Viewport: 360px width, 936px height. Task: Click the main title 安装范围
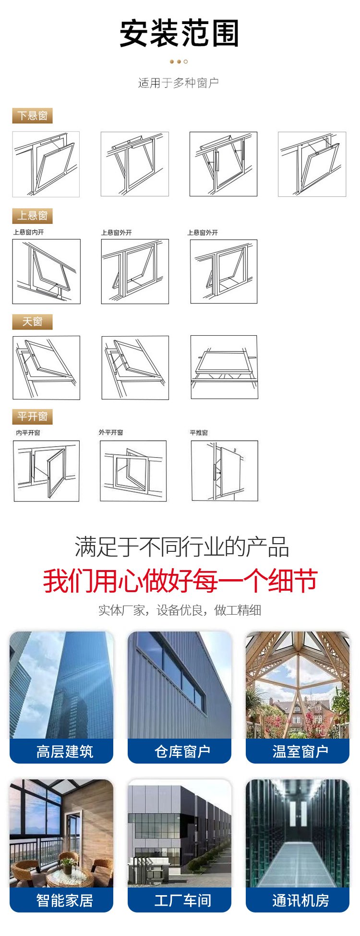click(179, 33)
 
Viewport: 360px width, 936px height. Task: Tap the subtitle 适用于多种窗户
click(179, 83)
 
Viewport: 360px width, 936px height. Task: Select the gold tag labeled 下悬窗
click(32, 116)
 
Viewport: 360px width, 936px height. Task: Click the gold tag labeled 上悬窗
click(32, 216)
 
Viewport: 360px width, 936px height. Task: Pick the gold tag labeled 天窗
click(32, 322)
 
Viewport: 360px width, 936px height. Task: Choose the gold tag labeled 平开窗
click(32, 416)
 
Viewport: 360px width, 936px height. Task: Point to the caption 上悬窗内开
click(28, 232)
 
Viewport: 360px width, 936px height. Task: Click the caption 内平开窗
click(28, 433)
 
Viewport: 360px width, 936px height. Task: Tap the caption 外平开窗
click(111, 432)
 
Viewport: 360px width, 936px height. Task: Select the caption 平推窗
click(199, 433)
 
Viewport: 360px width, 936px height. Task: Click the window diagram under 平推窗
click(225, 471)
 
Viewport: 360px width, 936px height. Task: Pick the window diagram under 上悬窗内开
click(46, 271)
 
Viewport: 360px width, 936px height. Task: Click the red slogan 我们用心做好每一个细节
click(180, 580)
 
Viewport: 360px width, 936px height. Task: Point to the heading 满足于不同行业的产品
click(181, 547)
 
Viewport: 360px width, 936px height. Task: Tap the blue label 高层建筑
click(64, 751)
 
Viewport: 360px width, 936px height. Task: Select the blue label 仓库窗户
click(182, 751)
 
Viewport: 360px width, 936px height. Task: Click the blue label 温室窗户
click(300, 751)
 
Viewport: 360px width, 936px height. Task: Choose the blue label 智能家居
click(64, 900)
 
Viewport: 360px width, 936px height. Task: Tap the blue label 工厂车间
click(182, 900)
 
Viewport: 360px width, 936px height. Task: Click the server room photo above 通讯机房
click(298, 833)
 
